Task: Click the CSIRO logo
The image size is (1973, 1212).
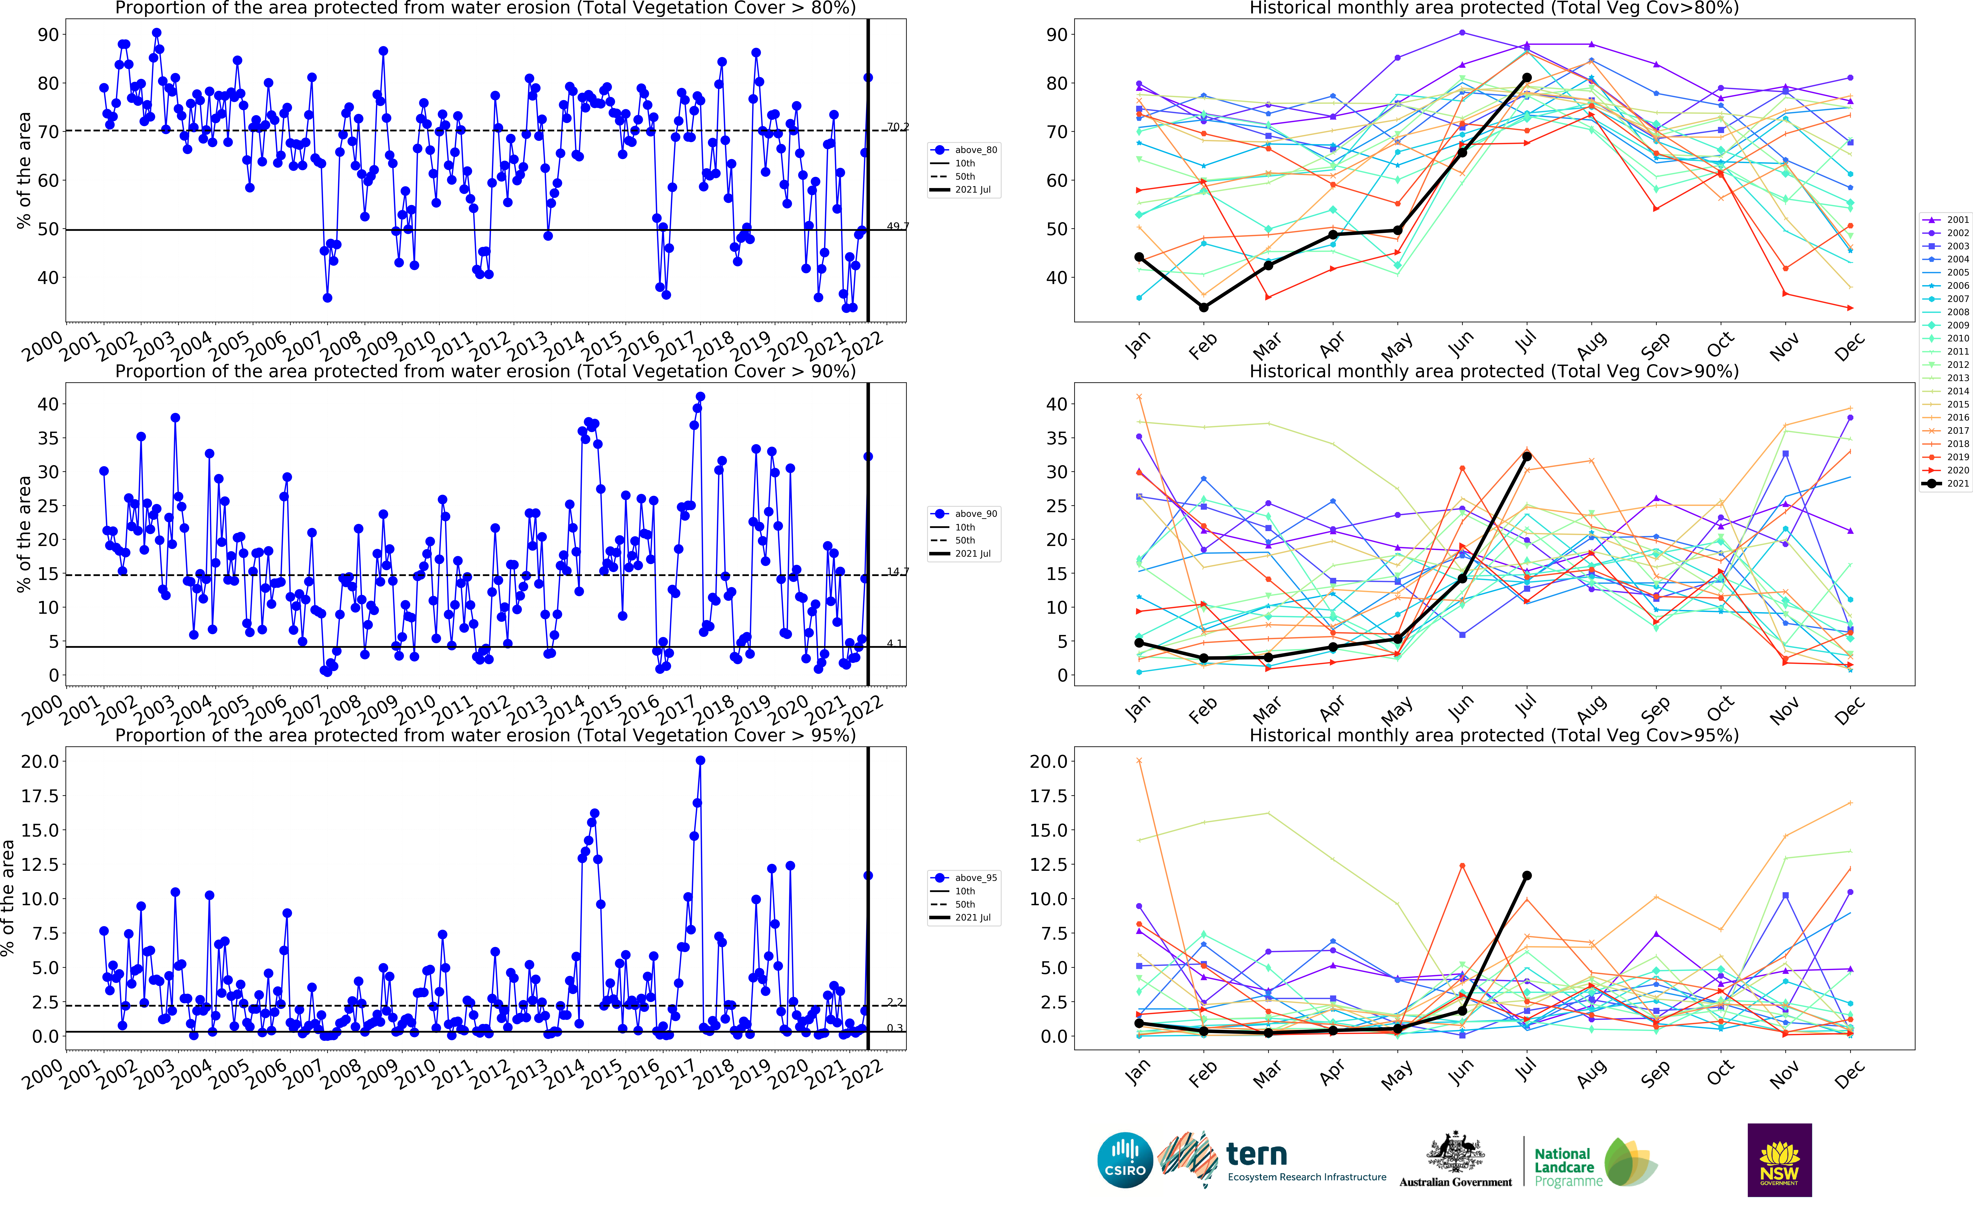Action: [1125, 1160]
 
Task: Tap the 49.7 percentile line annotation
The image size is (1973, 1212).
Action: [897, 227]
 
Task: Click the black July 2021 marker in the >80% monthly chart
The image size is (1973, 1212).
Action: [1526, 78]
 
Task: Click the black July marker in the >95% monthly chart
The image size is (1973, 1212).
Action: [1526, 875]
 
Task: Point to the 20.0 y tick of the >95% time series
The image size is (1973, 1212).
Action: [40, 761]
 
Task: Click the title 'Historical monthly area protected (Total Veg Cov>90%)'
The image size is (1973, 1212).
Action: [1494, 371]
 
